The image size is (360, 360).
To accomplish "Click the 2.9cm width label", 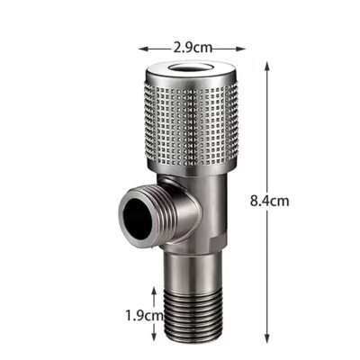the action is click(193, 48).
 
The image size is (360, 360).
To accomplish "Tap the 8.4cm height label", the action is click(270, 201).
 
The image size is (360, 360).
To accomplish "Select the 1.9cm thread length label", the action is click(144, 315).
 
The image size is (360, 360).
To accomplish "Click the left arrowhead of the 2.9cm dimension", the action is click(143, 49).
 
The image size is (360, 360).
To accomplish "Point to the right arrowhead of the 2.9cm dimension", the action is click(241, 49).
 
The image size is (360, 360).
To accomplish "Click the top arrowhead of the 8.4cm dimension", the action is click(266, 66).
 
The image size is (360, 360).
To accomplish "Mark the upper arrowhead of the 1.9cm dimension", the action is click(154, 292).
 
